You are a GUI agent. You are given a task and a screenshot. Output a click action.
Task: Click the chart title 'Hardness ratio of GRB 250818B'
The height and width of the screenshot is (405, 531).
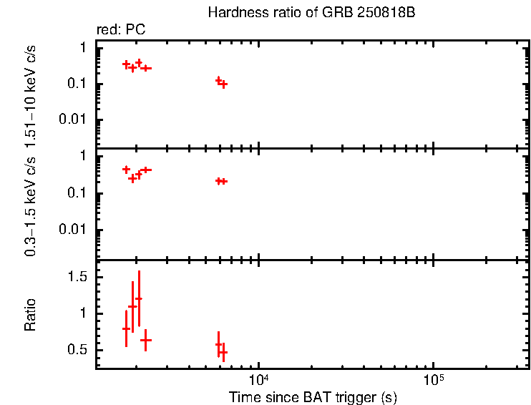click(311, 13)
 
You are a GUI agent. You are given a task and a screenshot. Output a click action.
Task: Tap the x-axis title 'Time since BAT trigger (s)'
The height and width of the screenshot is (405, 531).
click(313, 396)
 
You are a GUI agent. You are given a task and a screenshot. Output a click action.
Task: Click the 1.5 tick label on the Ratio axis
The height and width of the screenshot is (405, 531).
click(79, 277)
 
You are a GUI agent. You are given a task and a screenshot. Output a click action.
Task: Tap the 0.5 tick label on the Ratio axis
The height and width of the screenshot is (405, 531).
click(79, 350)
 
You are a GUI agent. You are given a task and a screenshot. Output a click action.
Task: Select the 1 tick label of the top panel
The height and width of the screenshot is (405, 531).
click(84, 47)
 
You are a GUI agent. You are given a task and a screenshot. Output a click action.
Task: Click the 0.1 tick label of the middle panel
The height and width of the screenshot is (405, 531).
click(79, 193)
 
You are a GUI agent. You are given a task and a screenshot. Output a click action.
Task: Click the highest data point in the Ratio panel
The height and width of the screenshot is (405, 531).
click(139, 298)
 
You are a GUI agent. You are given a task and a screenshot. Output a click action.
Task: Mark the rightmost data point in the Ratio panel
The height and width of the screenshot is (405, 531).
click(223, 353)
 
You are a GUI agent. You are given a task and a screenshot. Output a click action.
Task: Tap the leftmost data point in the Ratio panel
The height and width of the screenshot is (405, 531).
click(126, 328)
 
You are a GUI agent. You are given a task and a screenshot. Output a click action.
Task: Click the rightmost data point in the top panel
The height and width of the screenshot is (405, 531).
click(223, 84)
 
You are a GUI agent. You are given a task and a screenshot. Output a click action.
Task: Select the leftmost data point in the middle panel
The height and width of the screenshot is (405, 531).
click(126, 170)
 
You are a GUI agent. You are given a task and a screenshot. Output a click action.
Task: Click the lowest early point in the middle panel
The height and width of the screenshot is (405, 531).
click(132, 178)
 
